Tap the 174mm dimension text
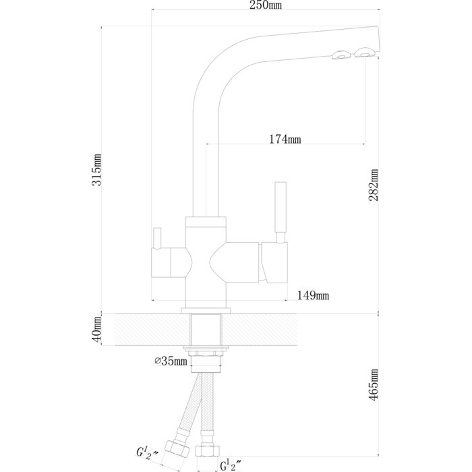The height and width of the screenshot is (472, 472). point(285,140)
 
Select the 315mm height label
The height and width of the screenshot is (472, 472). point(98,169)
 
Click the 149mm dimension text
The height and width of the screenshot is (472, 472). point(314,295)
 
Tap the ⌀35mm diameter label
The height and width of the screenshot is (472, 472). point(171,362)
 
